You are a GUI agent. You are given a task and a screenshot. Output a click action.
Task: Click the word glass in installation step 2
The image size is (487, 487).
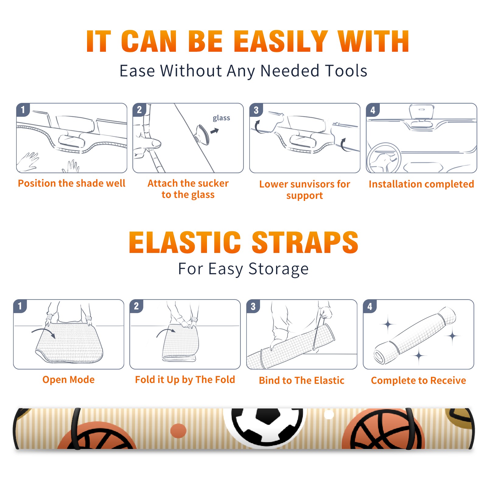[x=221, y=118]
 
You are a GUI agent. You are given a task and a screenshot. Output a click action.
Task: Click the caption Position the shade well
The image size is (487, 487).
[x=72, y=183]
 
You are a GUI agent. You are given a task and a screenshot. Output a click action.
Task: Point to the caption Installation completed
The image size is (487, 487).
[x=421, y=184]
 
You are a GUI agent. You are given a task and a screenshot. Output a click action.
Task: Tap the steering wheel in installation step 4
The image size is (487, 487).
[x=384, y=158]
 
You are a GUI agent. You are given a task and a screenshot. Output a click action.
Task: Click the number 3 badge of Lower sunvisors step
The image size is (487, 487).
[x=256, y=110]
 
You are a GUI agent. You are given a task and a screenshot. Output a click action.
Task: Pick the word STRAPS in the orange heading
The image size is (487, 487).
[x=305, y=242]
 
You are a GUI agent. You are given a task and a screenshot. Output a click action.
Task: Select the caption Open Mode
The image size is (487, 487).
[x=68, y=380]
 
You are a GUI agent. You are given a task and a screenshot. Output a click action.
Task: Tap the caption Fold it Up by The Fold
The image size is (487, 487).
[x=185, y=380]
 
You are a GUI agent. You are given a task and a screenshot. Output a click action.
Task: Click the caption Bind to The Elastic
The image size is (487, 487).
[x=302, y=380]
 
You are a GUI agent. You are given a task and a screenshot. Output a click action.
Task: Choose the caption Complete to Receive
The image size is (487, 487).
[x=419, y=380]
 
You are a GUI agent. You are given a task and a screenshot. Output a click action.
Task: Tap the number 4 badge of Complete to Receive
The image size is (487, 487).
[x=370, y=306]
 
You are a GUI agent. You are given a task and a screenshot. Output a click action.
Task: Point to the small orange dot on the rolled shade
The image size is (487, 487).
[x=178, y=431]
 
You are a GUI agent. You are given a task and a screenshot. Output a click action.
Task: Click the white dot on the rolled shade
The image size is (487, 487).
[x=329, y=415]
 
